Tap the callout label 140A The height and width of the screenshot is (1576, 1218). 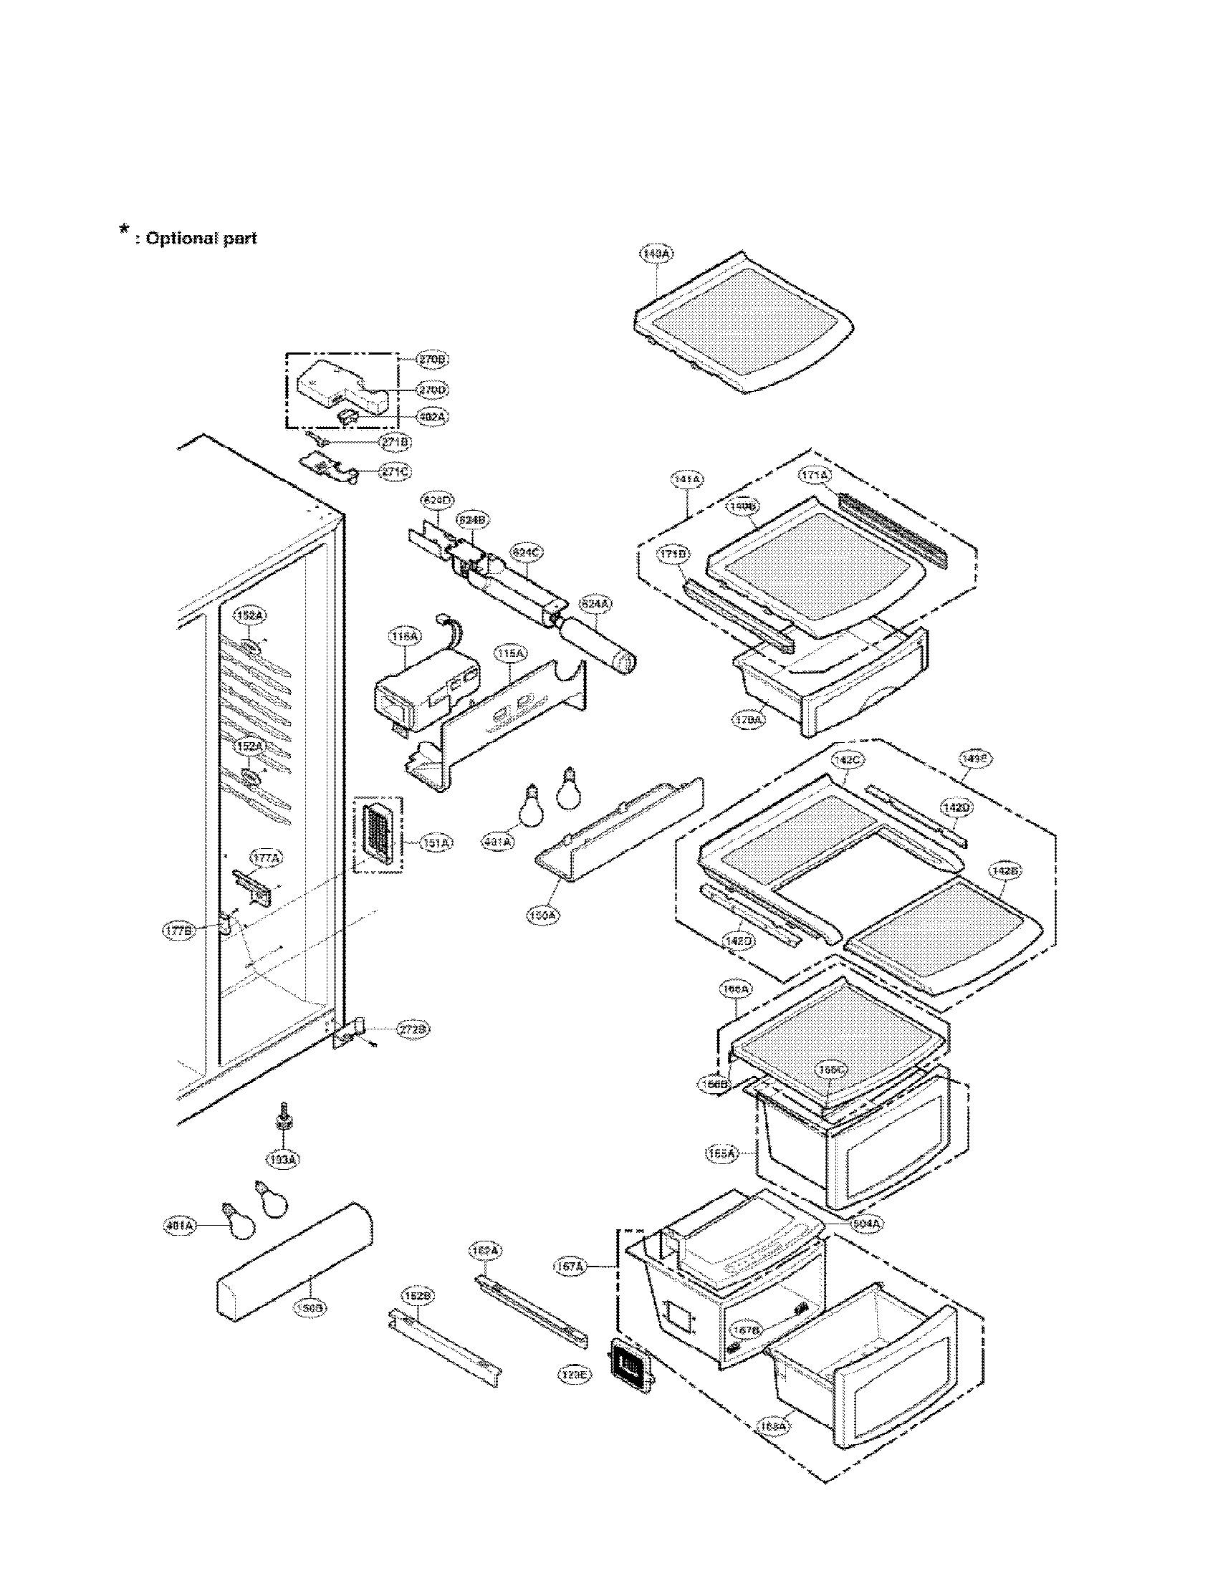655,254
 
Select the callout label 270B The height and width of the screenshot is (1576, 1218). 433,359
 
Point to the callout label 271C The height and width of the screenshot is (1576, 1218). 395,472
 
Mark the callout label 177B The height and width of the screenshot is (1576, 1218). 177,931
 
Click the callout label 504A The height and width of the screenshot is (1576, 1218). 866,1224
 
